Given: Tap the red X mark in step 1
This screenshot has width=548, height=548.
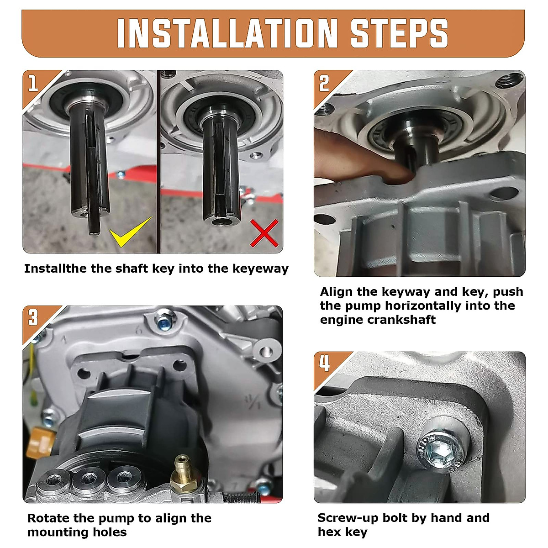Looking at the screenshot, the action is click(264, 233).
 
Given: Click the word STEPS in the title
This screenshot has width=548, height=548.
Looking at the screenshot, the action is click(399, 33).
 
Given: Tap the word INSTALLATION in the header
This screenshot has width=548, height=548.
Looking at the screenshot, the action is click(227, 33).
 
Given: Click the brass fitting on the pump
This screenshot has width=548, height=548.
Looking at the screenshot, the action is click(181, 474).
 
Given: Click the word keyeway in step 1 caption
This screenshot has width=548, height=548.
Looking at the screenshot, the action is click(260, 269).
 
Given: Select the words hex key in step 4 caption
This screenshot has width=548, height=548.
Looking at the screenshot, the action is click(342, 532).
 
